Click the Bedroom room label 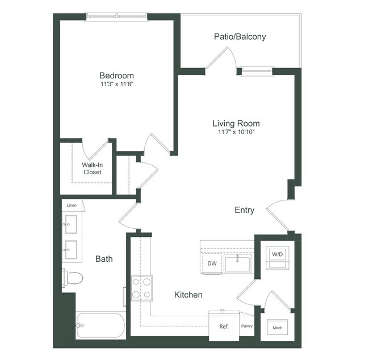coord(117,76)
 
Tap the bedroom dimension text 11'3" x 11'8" coord(117,84)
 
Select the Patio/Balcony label coord(240,37)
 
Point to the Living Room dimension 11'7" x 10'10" coord(236,132)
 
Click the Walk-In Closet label coord(92,168)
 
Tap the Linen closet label coord(72,206)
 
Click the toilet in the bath coord(73,278)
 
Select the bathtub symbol coord(100,325)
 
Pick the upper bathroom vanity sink coord(70,224)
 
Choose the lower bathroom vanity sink coord(70,250)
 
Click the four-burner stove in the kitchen coord(141,288)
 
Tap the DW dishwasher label coord(212,263)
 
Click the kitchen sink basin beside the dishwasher coord(237,263)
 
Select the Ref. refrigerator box coord(224,326)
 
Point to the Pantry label coord(246,326)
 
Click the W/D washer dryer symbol coord(277,257)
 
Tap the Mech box coord(277,327)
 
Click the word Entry coord(244,210)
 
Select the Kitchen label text coord(188,295)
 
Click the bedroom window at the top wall coord(117,16)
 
